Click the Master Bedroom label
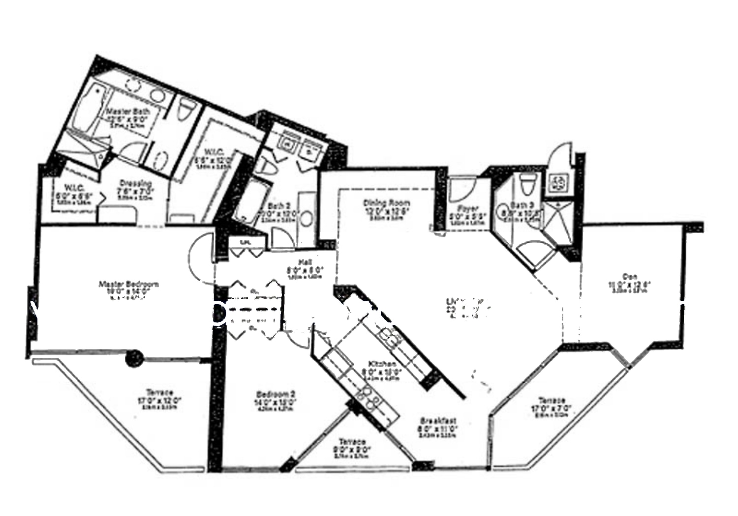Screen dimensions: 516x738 (x=128, y=284)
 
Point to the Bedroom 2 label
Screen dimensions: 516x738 (x=276, y=394)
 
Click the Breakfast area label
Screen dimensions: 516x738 (x=438, y=421)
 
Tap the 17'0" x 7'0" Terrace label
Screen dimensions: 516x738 (x=552, y=401)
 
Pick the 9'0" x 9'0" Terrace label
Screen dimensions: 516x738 (x=352, y=442)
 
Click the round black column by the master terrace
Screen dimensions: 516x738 (x=134, y=358)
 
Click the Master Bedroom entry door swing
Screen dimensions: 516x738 (x=201, y=256)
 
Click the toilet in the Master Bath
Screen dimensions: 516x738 (x=187, y=110)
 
